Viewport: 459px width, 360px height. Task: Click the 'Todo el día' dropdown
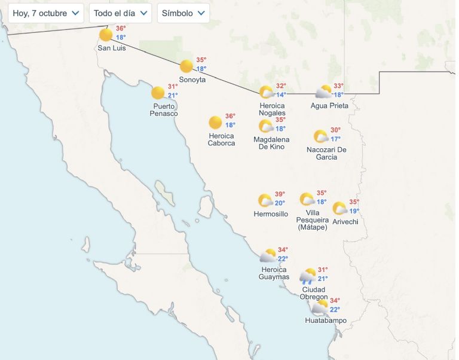pos(120,13)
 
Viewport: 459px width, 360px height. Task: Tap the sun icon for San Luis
pos(106,35)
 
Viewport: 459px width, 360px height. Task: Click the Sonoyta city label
pos(192,80)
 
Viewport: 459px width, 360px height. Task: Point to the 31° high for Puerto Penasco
pos(173,86)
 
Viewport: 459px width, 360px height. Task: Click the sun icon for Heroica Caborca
pos(215,123)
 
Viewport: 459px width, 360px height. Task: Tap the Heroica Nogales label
pos(272,109)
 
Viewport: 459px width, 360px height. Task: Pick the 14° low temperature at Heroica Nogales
pos(281,94)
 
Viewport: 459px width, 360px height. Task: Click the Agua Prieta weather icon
pos(323,92)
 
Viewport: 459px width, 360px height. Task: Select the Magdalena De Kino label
pos(271,143)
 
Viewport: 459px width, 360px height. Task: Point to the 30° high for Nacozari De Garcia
pos(335,130)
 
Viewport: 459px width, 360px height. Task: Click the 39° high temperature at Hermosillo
pos(280,194)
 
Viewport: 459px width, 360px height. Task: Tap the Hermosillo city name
pos(271,214)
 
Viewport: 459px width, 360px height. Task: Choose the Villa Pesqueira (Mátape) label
pos(313,220)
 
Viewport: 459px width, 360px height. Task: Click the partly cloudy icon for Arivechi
pos(339,209)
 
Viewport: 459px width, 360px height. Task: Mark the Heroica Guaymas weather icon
pos(268,256)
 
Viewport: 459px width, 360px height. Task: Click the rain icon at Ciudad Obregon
pos(308,276)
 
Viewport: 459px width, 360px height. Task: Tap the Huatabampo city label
pos(326,321)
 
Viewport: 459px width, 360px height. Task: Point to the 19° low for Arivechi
pos(354,211)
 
